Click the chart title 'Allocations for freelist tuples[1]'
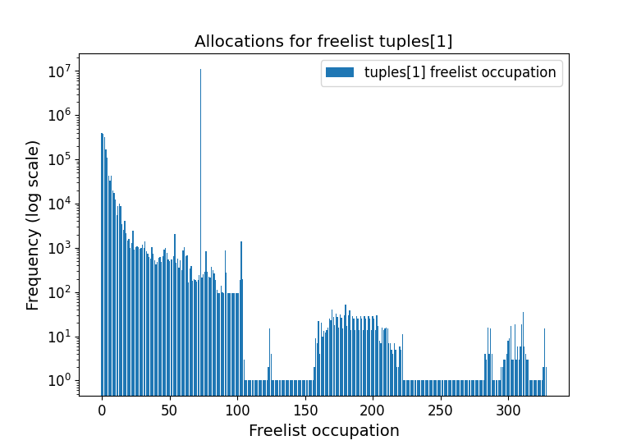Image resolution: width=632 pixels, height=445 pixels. (x=323, y=42)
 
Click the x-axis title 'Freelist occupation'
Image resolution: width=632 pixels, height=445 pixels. (x=323, y=430)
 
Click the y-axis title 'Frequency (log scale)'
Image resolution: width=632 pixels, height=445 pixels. (x=33, y=225)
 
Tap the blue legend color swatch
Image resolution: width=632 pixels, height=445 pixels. (x=340, y=72)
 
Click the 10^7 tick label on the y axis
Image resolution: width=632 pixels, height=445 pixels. (x=57, y=71)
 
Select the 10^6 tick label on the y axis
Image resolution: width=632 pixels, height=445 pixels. (x=57, y=115)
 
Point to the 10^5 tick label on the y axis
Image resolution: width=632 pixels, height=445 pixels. (x=57, y=159)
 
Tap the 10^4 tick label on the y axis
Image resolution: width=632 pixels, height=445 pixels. (x=57, y=204)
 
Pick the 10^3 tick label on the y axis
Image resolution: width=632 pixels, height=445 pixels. (x=57, y=248)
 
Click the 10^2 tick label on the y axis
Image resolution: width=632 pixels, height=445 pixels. (x=57, y=292)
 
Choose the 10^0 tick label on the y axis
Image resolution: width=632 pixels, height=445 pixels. (x=57, y=380)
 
